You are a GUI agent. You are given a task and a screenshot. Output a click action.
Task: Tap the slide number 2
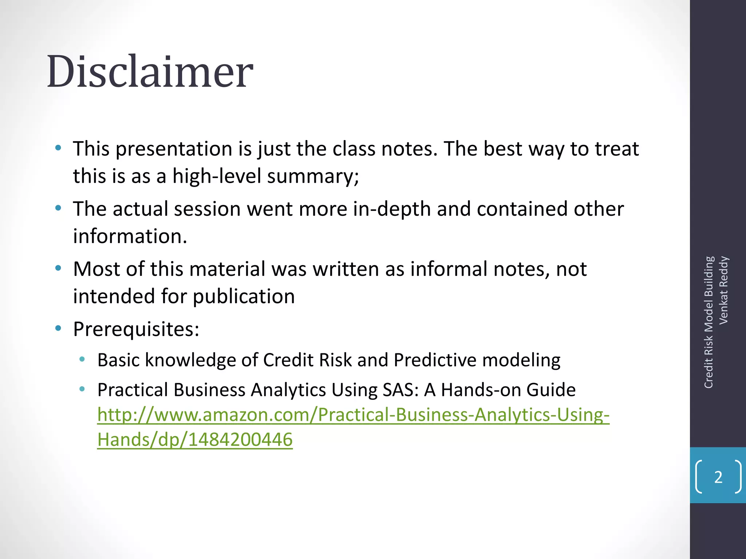[x=718, y=477]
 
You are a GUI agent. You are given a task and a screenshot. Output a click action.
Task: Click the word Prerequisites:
[x=136, y=329]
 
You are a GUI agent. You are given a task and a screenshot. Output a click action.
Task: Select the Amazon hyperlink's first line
[x=353, y=415]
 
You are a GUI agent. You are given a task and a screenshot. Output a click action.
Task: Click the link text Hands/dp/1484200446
[x=195, y=439]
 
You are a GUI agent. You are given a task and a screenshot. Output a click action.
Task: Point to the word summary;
[x=313, y=176]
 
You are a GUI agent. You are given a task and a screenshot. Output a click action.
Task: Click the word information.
[x=130, y=236]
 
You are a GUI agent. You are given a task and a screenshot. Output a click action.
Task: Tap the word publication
[x=244, y=296]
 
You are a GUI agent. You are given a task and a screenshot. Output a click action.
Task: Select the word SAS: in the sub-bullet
[x=401, y=390]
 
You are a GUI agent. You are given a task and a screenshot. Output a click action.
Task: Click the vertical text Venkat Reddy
[x=723, y=290]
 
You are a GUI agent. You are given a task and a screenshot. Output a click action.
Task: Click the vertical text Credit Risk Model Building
[x=708, y=322]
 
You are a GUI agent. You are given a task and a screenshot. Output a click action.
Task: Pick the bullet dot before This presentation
[x=58, y=148]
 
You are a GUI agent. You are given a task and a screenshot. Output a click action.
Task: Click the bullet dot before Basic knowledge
[x=82, y=360]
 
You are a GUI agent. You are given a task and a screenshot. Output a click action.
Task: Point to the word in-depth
[x=392, y=209]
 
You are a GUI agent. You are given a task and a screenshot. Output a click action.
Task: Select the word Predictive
[x=435, y=360]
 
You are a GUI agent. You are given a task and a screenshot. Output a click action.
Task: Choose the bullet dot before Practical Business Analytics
[x=82, y=389]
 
